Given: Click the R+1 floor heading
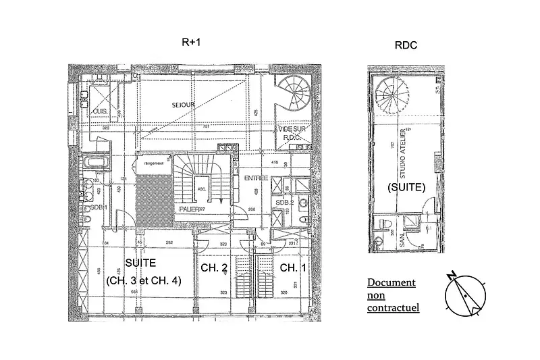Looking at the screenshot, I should [x=192, y=42].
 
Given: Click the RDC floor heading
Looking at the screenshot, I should [x=405, y=45].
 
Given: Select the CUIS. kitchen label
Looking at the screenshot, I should [x=99, y=111].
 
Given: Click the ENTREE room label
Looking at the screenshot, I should [x=256, y=178].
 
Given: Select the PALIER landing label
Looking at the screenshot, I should [x=191, y=210].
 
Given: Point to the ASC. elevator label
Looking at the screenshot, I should [x=200, y=190].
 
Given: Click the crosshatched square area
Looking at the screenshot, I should [x=153, y=197].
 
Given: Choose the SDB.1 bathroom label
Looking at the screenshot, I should [x=99, y=207].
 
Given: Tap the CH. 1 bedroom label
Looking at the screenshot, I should [x=293, y=268].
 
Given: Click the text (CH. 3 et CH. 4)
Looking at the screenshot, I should [x=144, y=281].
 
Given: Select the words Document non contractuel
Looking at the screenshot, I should [x=392, y=295].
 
